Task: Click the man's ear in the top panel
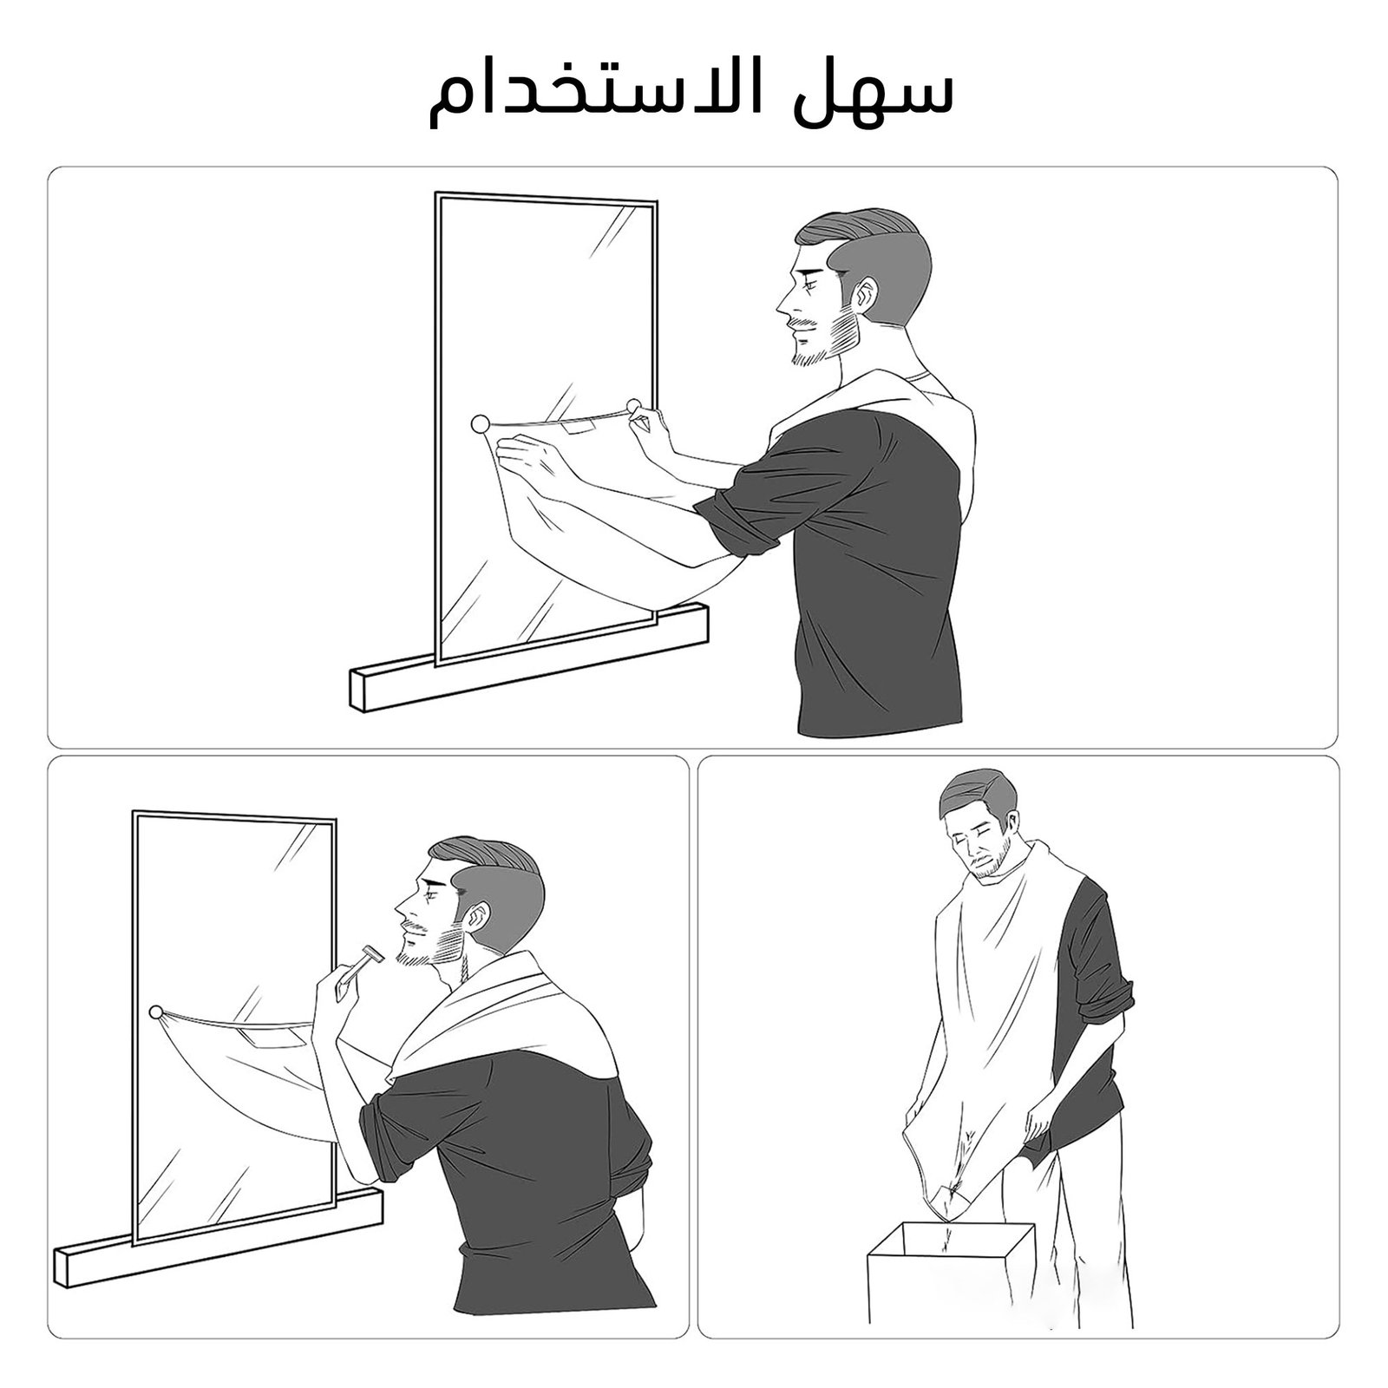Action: (865, 297)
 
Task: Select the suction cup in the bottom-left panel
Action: (155, 1012)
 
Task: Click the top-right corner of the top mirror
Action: (654, 204)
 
